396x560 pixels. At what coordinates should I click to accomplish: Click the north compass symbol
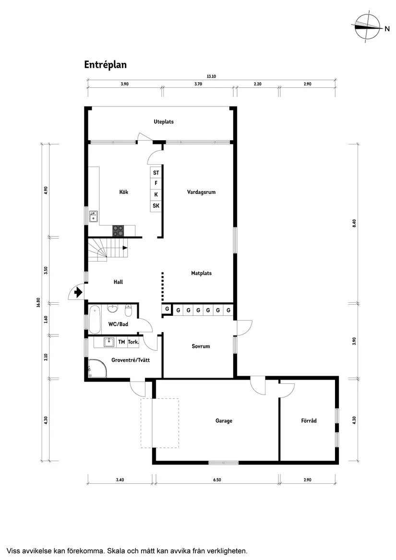368,28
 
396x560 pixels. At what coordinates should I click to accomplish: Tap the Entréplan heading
105,65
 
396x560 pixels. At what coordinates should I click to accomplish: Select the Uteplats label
164,122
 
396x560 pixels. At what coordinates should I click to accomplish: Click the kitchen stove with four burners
118,231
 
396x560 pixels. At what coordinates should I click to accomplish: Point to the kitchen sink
94,217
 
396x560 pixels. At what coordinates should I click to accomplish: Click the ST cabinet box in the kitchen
156,173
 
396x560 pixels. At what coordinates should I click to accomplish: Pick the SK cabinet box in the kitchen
156,206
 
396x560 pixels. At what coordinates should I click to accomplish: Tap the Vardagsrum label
201,192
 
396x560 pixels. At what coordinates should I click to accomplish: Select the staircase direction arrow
125,248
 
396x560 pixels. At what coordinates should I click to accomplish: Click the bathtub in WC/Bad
95,319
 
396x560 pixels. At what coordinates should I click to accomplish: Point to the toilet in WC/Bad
128,309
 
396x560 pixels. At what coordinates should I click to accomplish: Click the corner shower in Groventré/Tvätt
95,370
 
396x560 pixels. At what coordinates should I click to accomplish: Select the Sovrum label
201,346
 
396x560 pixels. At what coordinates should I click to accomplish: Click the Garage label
224,421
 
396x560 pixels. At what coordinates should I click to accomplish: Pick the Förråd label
309,421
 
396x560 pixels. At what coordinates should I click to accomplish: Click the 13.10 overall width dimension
211,76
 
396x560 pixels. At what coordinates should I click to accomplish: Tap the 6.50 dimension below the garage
216,480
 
